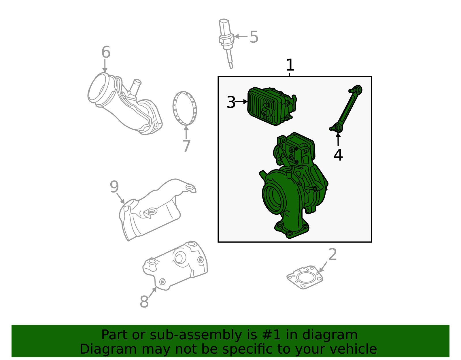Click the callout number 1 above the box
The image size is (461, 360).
[x=290, y=65]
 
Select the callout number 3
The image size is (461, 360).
[x=231, y=102]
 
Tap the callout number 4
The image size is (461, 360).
[x=338, y=155]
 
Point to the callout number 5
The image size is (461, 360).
[x=254, y=37]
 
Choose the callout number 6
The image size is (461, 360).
[x=106, y=52]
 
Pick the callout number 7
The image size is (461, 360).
[x=186, y=146]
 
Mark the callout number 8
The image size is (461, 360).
[x=144, y=301]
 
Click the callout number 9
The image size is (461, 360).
[x=114, y=187]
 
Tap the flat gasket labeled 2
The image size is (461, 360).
[x=305, y=278]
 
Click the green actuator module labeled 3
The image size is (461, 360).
[x=271, y=106]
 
